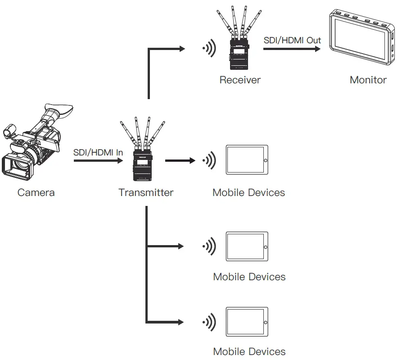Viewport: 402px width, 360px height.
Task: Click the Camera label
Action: [x=36, y=193]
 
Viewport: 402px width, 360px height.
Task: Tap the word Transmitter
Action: [x=146, y=193]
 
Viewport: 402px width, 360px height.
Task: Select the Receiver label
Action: [x=240, y=80]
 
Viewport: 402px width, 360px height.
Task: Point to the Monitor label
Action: [x=368, y=80]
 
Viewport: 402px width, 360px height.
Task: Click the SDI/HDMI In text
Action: [x=98, y=152]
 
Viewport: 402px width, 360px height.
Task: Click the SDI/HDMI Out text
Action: [x=292, y=41]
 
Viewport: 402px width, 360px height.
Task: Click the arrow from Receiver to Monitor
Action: [x=293, y=48]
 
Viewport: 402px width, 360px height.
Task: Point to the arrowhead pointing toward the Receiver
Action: [x=182, y=48]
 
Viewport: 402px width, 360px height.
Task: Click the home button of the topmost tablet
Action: [x=265, y=160]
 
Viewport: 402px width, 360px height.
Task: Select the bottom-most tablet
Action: [x=247, y=322]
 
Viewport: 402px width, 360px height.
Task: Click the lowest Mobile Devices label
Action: [x=249, y=351]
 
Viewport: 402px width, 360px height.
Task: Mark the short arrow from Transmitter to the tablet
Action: [x=180, y=160]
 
